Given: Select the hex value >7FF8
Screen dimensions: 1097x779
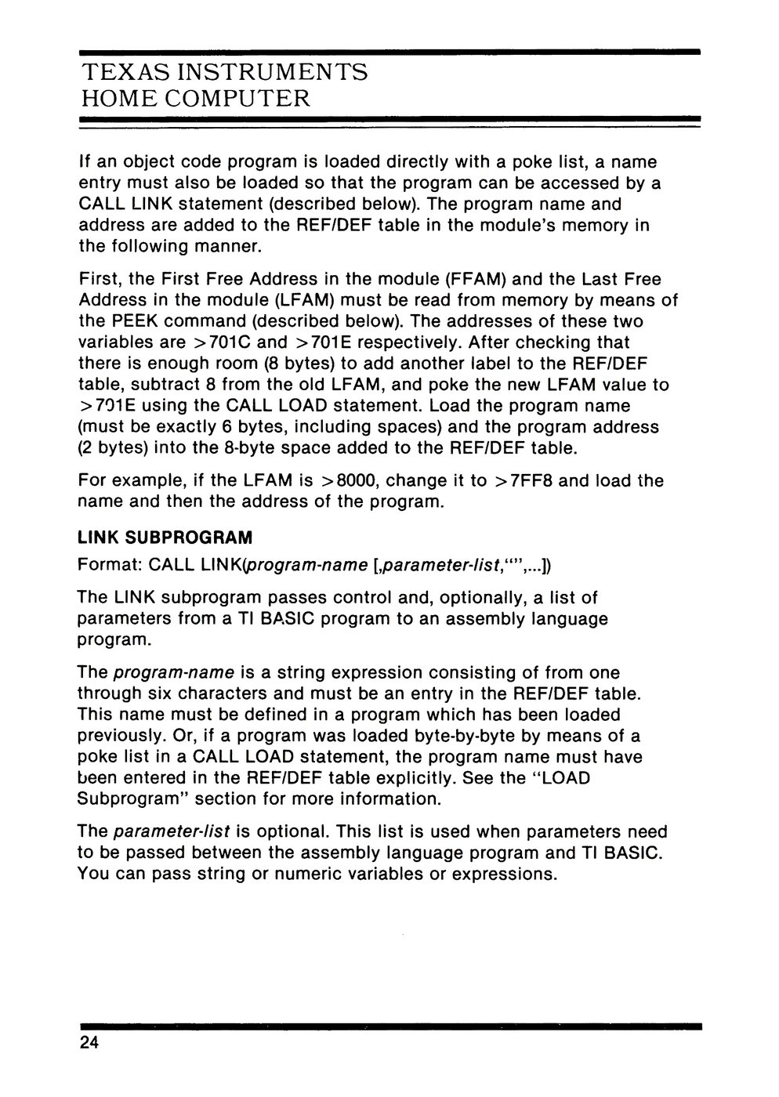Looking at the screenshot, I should click(524, 480).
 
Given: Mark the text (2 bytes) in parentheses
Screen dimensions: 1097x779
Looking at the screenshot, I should click(112, 448).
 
